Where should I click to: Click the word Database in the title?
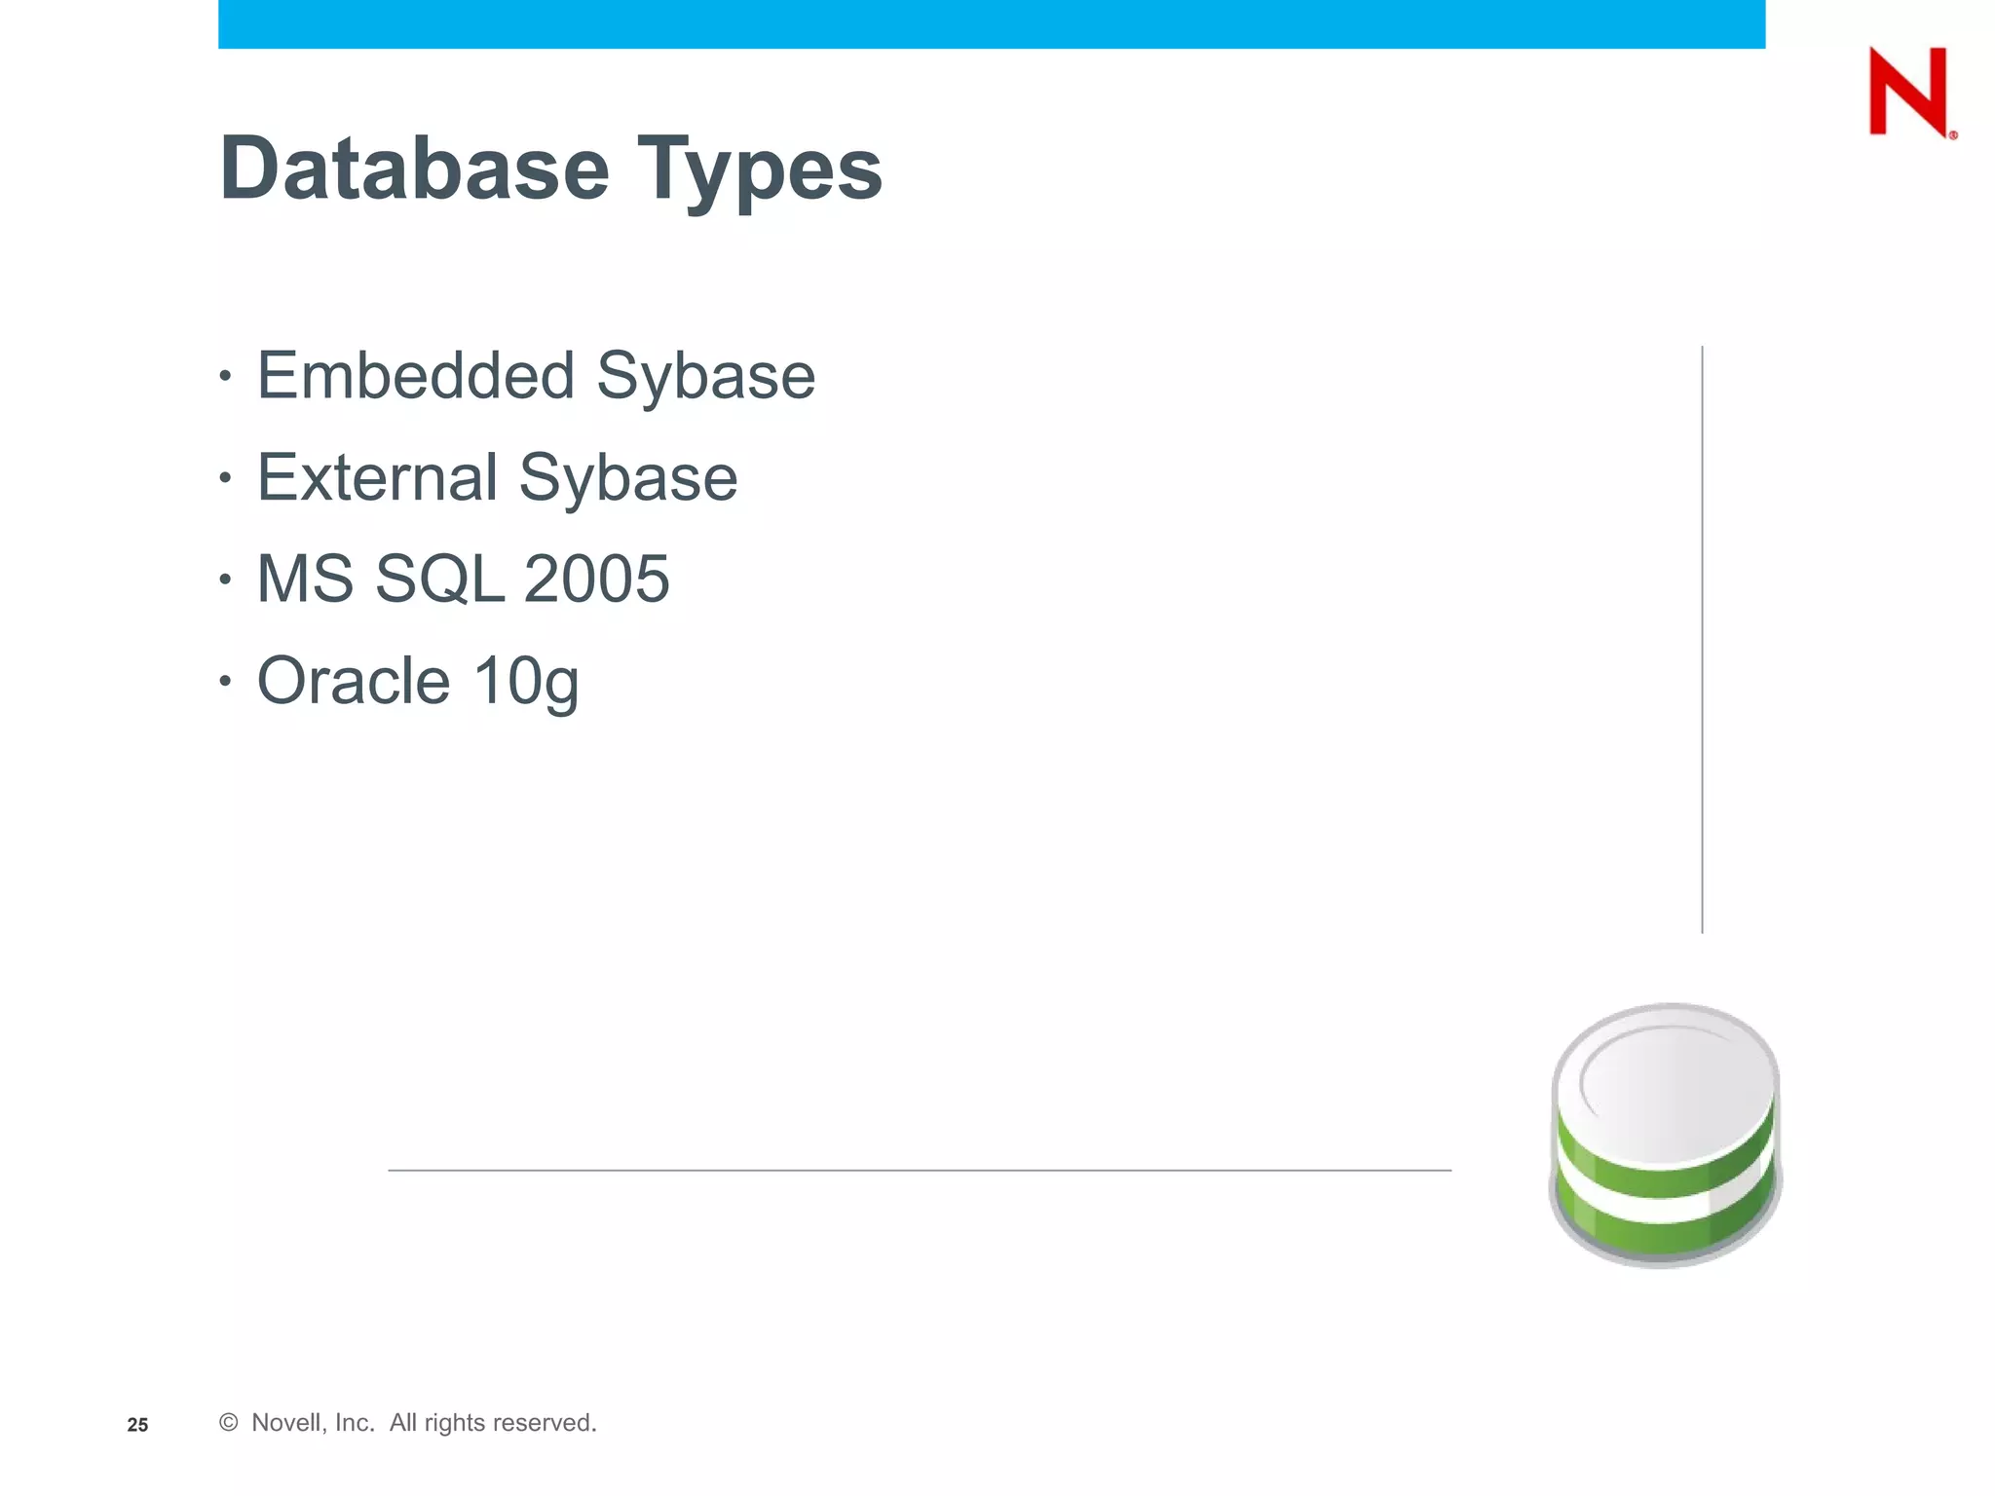coord(415,168)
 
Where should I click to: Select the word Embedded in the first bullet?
coord(416,376)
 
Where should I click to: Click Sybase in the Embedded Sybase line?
coord(705,378)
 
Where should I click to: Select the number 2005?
coord(596,579)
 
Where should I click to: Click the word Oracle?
coord(354,680)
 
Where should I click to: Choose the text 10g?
coord(526,682)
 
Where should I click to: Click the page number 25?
coord(137,1425)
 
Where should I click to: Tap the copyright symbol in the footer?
coord(229,1423)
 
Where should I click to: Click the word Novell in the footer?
coord(286,1423)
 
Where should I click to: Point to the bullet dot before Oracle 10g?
coord(225,681)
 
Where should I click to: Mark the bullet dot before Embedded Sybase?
coord(225,376)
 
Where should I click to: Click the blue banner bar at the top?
coord(991,23)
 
